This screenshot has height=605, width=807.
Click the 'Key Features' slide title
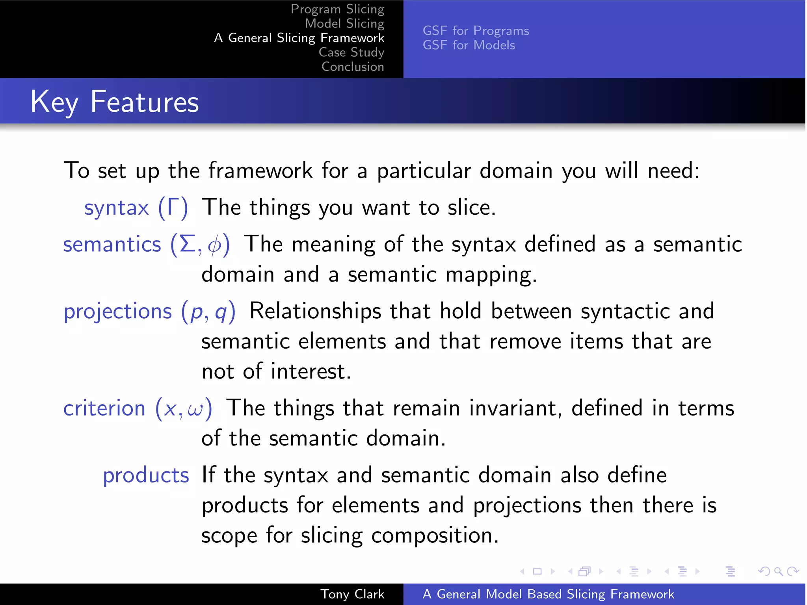(x=115, y=102)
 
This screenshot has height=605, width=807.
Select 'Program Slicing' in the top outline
(x=337, y=9)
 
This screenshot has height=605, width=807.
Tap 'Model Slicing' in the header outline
(x=344, y=24)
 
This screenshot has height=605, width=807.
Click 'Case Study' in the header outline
(x=351, y=52)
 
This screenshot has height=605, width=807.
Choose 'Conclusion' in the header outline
(x=353, y=67)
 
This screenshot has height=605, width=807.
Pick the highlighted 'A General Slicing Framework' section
(x=299, y=38)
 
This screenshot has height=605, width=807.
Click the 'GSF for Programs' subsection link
(x=476, y=31)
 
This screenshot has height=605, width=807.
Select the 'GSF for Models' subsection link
(x=469, y=45)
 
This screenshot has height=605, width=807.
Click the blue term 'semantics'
(x=112, y=245)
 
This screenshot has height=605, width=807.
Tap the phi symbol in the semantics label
(x=214, y=245)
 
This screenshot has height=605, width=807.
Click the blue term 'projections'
(x=118, y=311)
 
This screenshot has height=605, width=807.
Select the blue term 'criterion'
(x=104, y=408)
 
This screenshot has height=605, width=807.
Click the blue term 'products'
(x=146, y=475)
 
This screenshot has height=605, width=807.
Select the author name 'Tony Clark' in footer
(x=352, y=594)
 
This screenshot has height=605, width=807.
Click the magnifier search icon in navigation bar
(x=778, y=571)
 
